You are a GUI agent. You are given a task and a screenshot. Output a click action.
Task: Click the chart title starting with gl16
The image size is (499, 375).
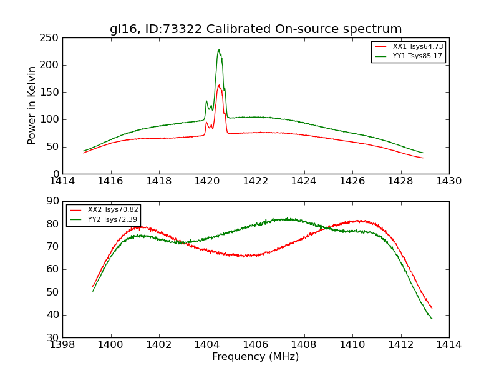point(256,29)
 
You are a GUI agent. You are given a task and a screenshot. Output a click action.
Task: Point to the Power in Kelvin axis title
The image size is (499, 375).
point(32,106)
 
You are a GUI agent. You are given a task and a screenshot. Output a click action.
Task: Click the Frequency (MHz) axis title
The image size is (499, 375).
point(256,357)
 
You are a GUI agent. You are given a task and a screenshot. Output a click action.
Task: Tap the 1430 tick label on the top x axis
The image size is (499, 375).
point(448,181)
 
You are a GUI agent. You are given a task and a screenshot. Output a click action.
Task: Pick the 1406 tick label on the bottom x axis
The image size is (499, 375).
point(256,345)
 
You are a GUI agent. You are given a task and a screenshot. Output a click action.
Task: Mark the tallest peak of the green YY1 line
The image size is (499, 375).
point(218,50)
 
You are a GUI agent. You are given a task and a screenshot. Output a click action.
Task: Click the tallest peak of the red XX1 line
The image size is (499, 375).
point(218,85)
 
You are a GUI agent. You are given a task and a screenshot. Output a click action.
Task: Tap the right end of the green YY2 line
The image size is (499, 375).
point(432,319)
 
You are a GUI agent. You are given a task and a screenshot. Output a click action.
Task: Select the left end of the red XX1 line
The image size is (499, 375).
point(83,152)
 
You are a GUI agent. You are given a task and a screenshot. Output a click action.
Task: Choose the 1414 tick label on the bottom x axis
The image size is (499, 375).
point(448,345)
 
